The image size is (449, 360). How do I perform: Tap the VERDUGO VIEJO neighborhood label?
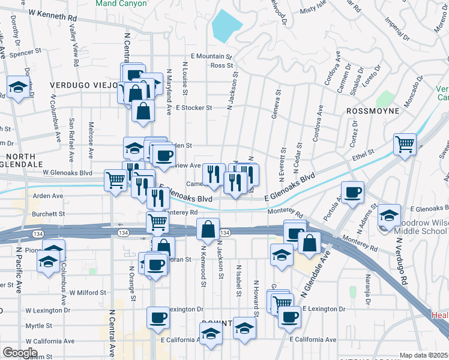coord(83,85)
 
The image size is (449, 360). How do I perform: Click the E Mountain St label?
coord(211,56)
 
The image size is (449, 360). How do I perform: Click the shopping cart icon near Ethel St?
coord(405,143)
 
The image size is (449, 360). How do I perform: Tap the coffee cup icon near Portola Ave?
coord(352,191)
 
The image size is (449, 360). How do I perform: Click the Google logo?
coord(20,353)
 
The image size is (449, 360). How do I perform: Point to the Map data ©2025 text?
coord(424,355)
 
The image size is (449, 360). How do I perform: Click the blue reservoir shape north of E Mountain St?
coord(226,25)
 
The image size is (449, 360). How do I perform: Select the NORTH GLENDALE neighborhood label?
coord(22,159)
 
